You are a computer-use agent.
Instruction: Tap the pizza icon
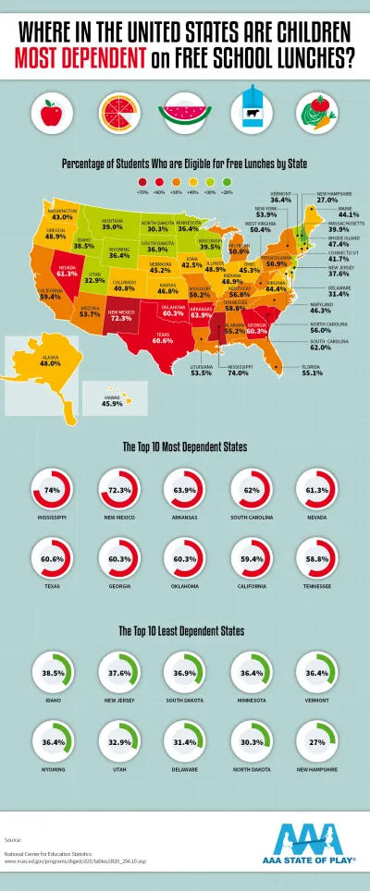coord(116,114)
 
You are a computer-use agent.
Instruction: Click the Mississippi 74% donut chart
coord(53,490)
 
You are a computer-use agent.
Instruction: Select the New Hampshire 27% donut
coord(317,743)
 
